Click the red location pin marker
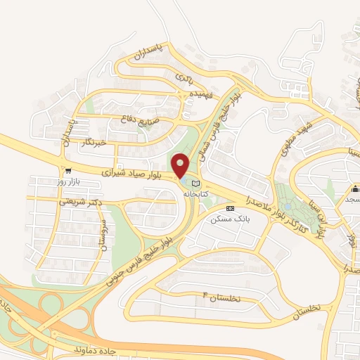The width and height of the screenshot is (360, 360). pyautogui.click(x=181, y=166)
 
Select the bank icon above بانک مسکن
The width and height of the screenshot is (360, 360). pyautogui.click(x=231, y=208)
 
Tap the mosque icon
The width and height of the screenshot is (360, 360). pyautogui.click(x=356, y=188)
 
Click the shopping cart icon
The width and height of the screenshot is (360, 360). pyautogui.click(x=67, y=170)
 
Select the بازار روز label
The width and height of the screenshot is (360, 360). pyautogui.click(x=70, y=181)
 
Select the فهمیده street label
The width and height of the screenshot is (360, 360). pyautogui.click(x=207, y=93)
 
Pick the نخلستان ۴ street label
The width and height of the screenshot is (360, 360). pyautogui.click(x=221, y=298)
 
